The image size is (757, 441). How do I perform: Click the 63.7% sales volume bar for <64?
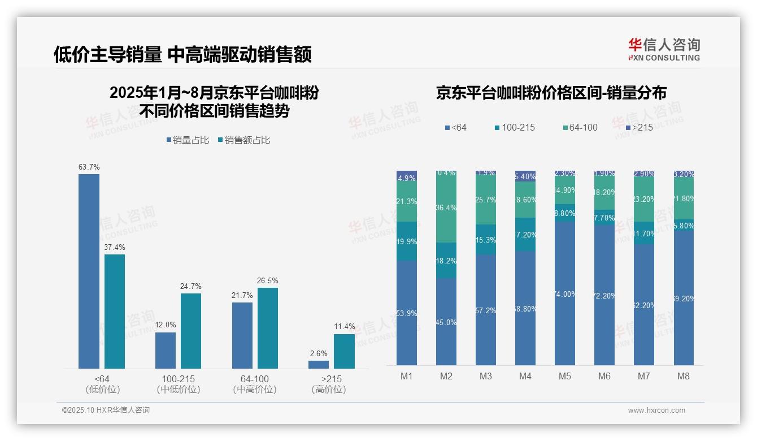click(x=89, y=271)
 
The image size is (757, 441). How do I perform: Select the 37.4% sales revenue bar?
click(x=115, y=312)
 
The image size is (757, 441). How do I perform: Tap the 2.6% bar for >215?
click(x=319, y=365)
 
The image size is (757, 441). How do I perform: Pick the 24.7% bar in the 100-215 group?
click(x=191, y=331)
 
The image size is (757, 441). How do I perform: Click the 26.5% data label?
click(x=268, y=280)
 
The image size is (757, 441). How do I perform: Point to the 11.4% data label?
click(x=345, y=326)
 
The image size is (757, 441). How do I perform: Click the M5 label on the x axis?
click(x=565, y=377)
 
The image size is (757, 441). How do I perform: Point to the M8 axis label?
click(x=683, y=377)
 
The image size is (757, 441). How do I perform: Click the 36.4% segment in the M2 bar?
click(x=446, y=207)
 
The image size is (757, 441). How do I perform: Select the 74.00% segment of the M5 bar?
click(x=565, y=293)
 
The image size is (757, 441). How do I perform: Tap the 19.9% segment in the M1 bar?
click(x=407, y=241)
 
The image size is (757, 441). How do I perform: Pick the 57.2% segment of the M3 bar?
click(x=486, y=310)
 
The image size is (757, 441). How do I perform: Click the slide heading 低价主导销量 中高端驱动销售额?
click(x=182, y=55)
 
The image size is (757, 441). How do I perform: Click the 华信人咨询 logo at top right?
click(x=664, y=49)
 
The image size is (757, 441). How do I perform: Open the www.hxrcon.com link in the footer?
click(x=656, y=410)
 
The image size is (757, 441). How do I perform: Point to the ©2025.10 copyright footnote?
click(x=106, y=410)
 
